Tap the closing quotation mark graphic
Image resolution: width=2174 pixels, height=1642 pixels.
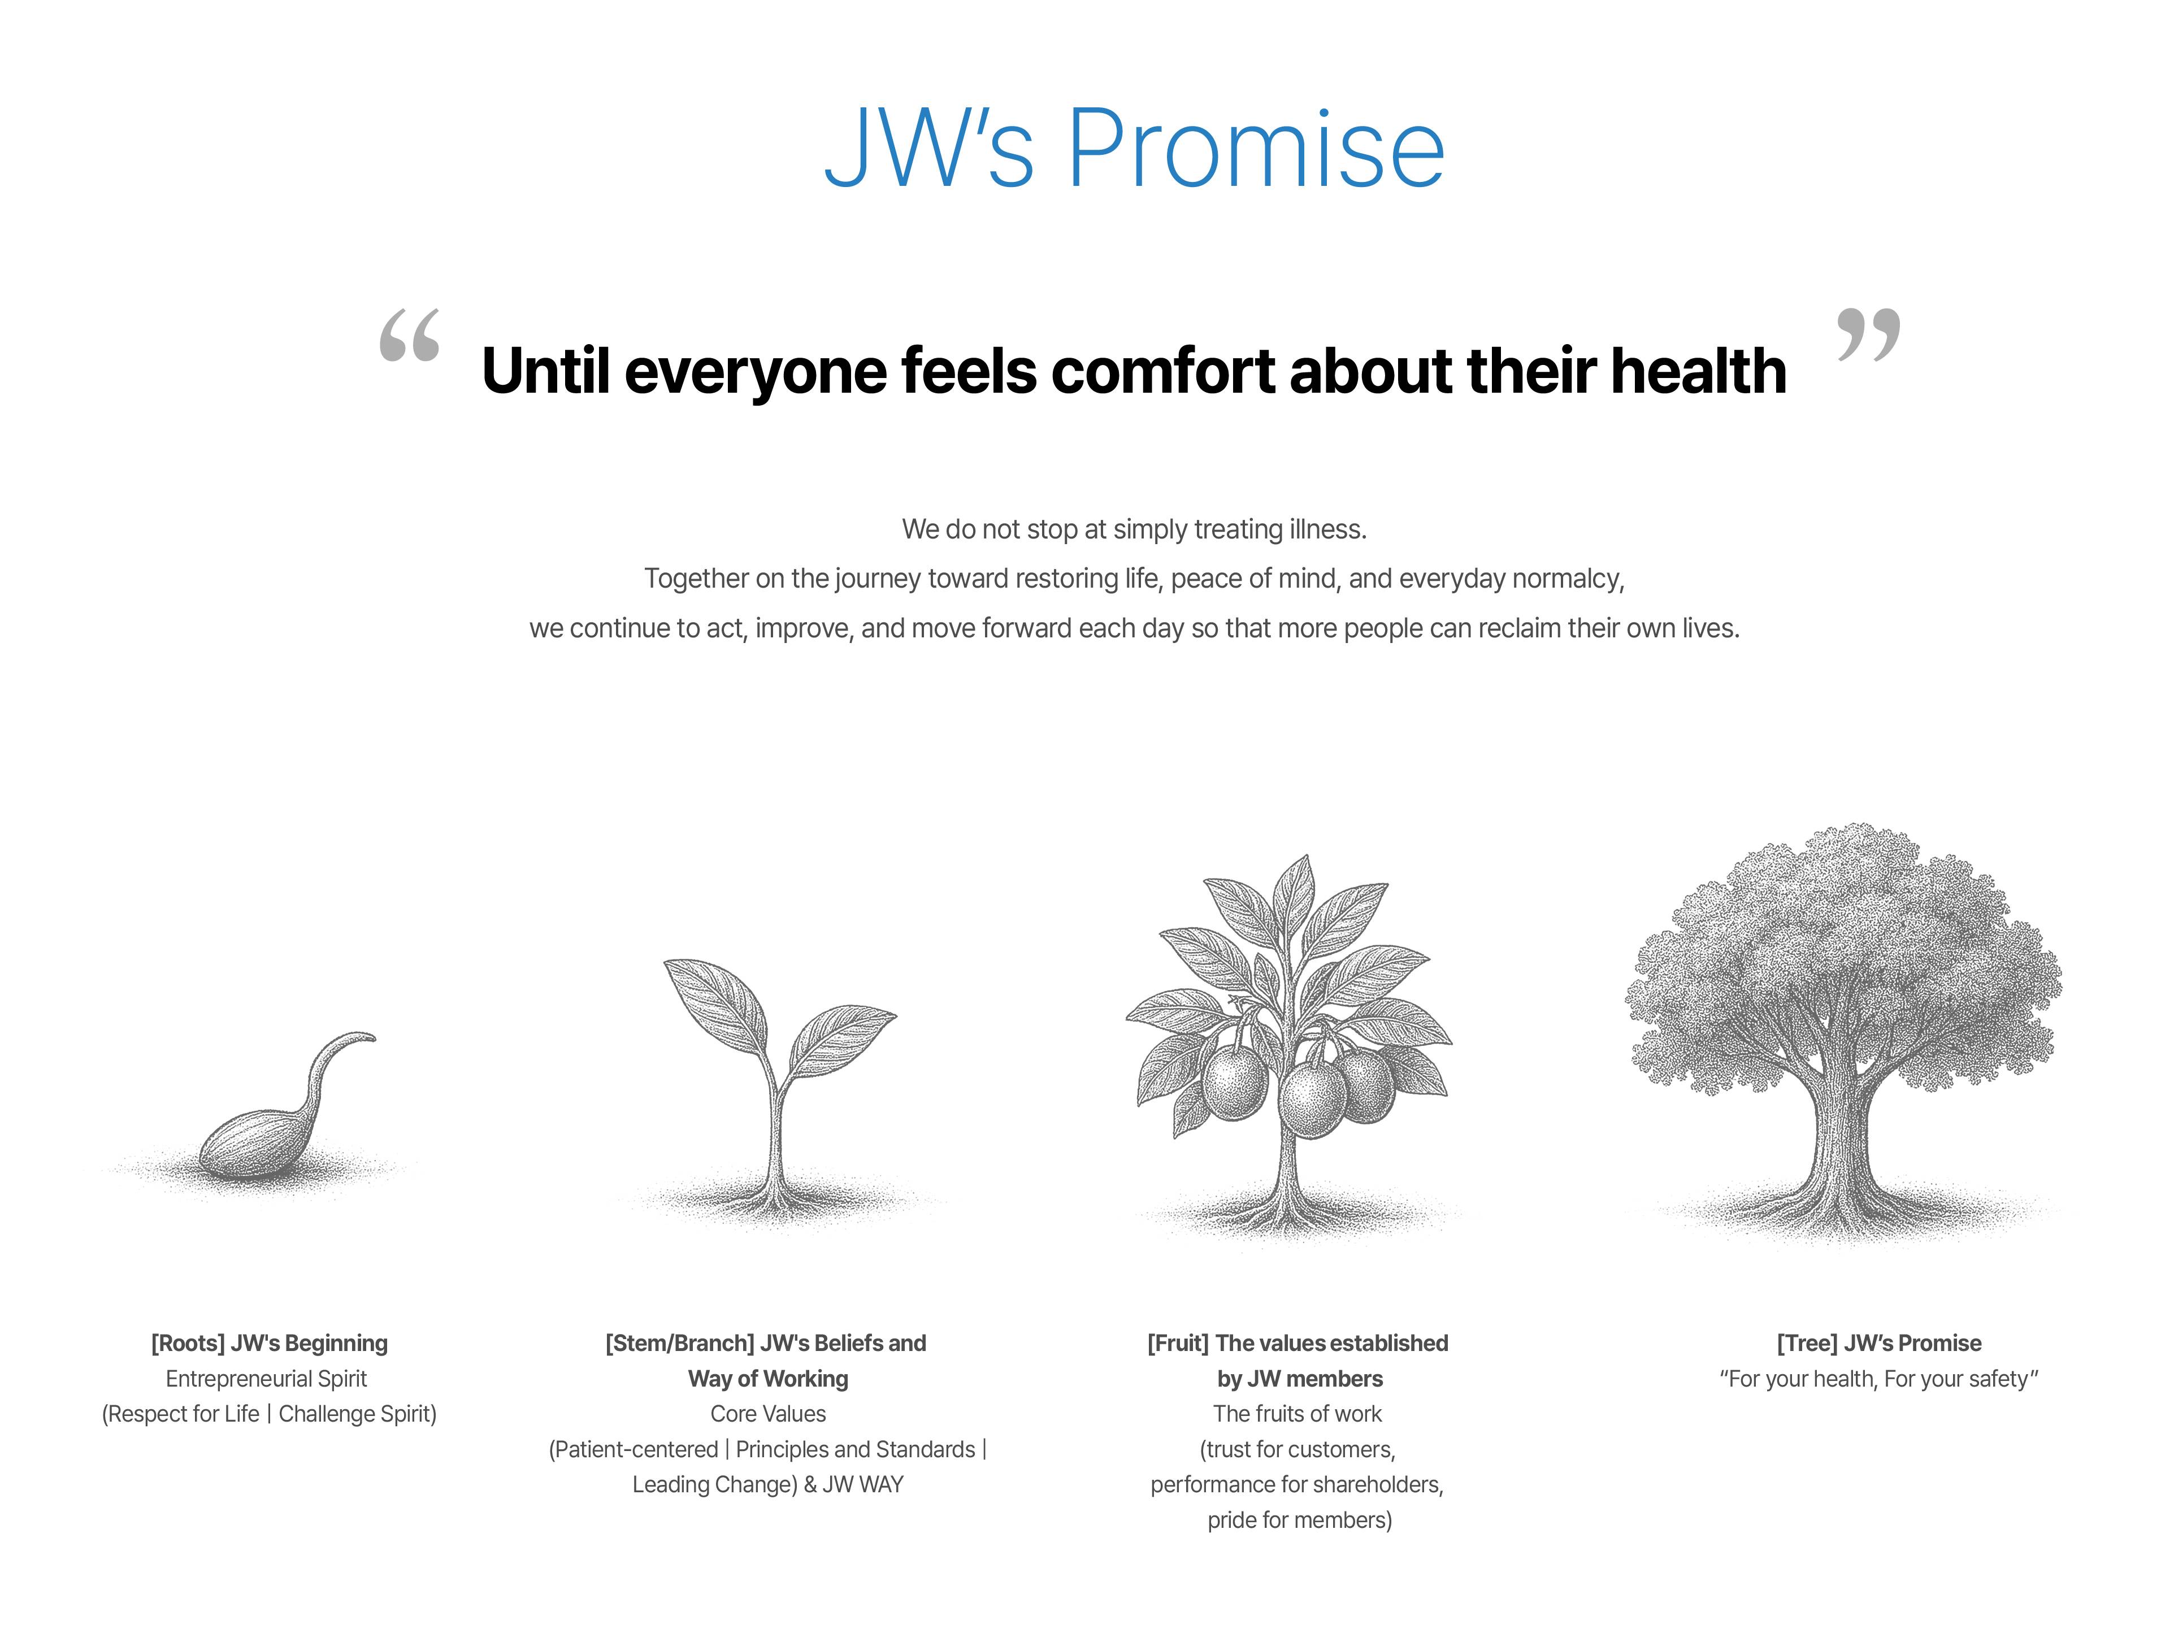tap(1868, 334)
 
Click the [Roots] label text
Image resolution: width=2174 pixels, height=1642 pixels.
tap(188, 1343)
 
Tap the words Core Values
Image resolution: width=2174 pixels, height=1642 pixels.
tap(769, 1414)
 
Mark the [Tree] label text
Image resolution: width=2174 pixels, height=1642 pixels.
tap(1807, 1343)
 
